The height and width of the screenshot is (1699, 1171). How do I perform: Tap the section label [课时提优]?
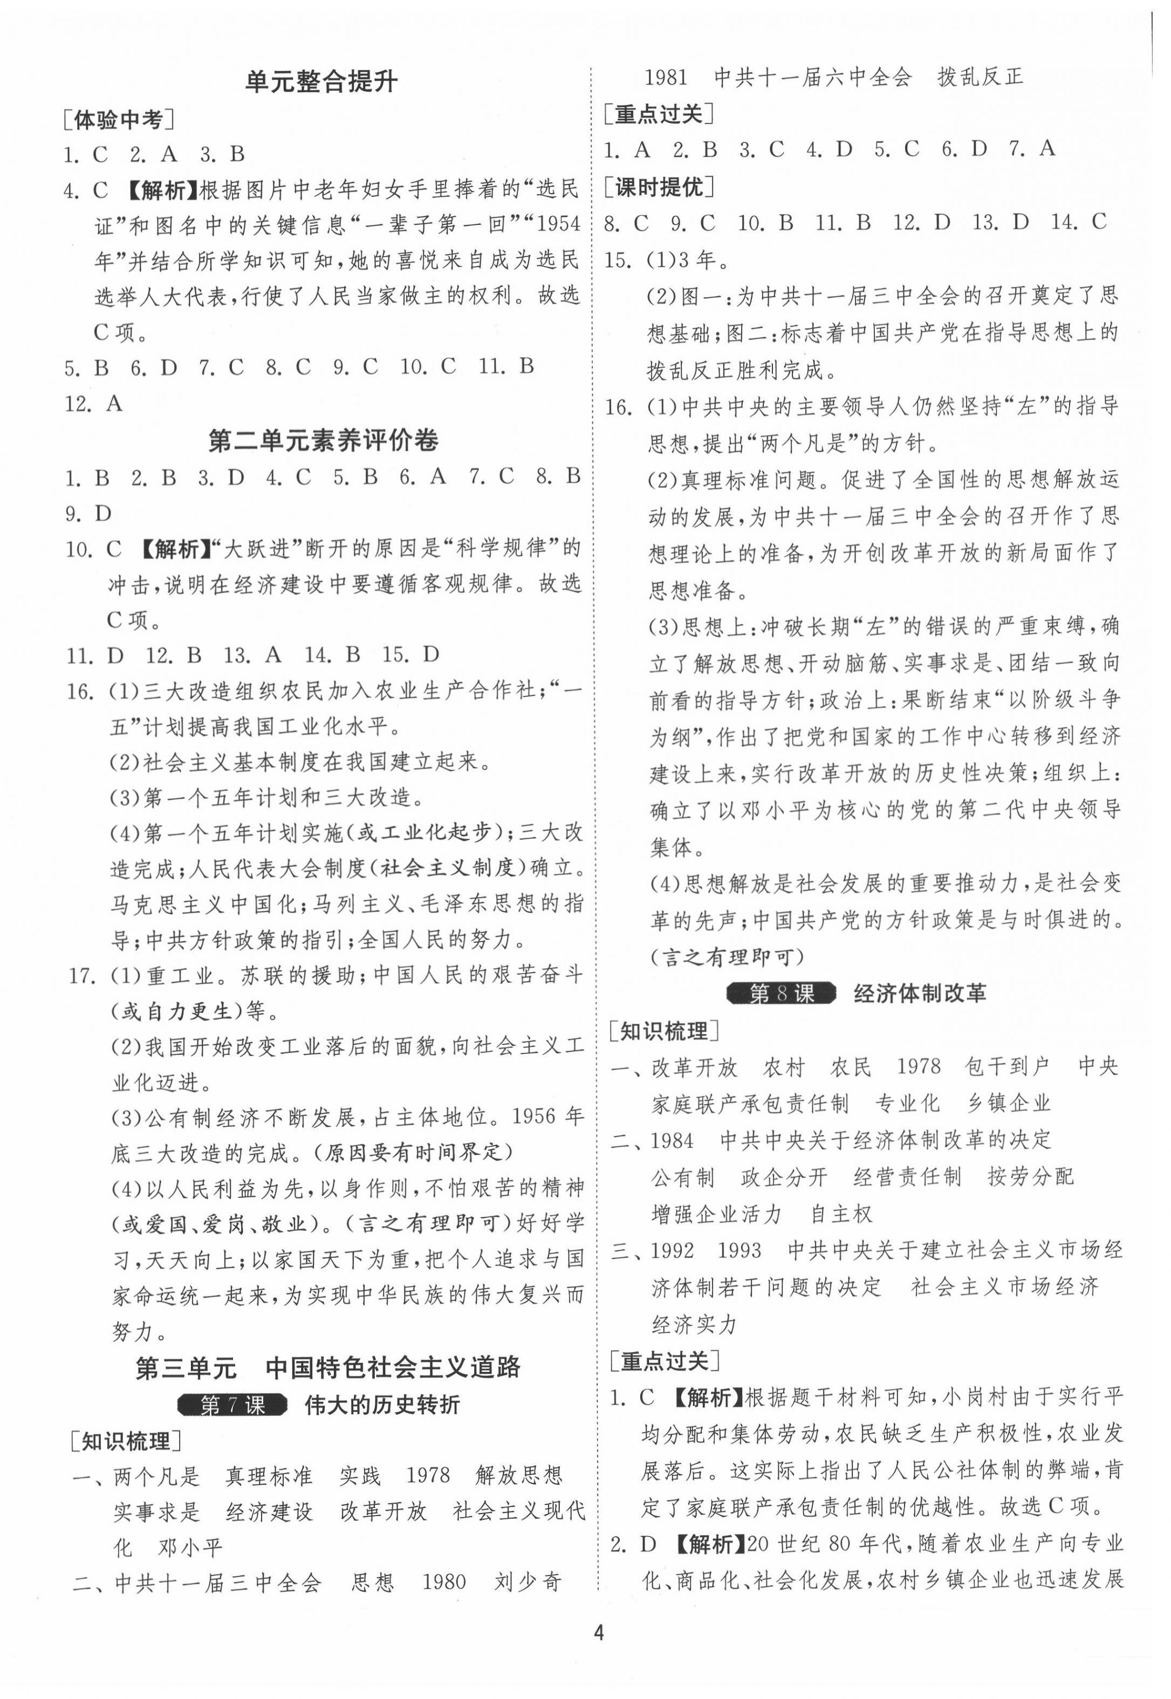click(x=658, y=188)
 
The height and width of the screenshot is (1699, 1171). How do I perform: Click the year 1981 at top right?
click(x=666, y=78)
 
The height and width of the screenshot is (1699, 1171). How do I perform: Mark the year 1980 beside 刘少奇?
click(x=444, y=1581)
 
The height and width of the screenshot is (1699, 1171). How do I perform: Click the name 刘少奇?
click(x=528, y=1581)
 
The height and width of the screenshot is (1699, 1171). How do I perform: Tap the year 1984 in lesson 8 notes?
click(x=672, y=1140)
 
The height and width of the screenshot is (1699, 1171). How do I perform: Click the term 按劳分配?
click(x=1030, y=1177)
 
